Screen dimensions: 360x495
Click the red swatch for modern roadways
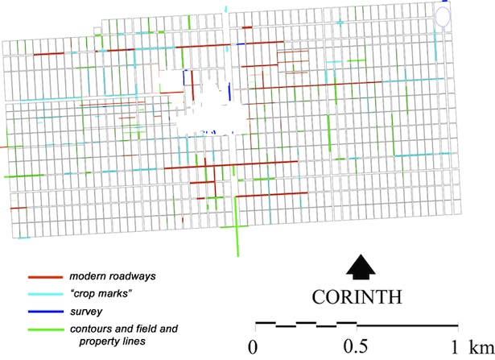[35, 277]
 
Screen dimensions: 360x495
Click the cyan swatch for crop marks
[35, 293]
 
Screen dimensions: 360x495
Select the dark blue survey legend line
[35, 310]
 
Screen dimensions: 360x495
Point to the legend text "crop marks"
[101, 293]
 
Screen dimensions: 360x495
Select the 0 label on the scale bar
[255, 347]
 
